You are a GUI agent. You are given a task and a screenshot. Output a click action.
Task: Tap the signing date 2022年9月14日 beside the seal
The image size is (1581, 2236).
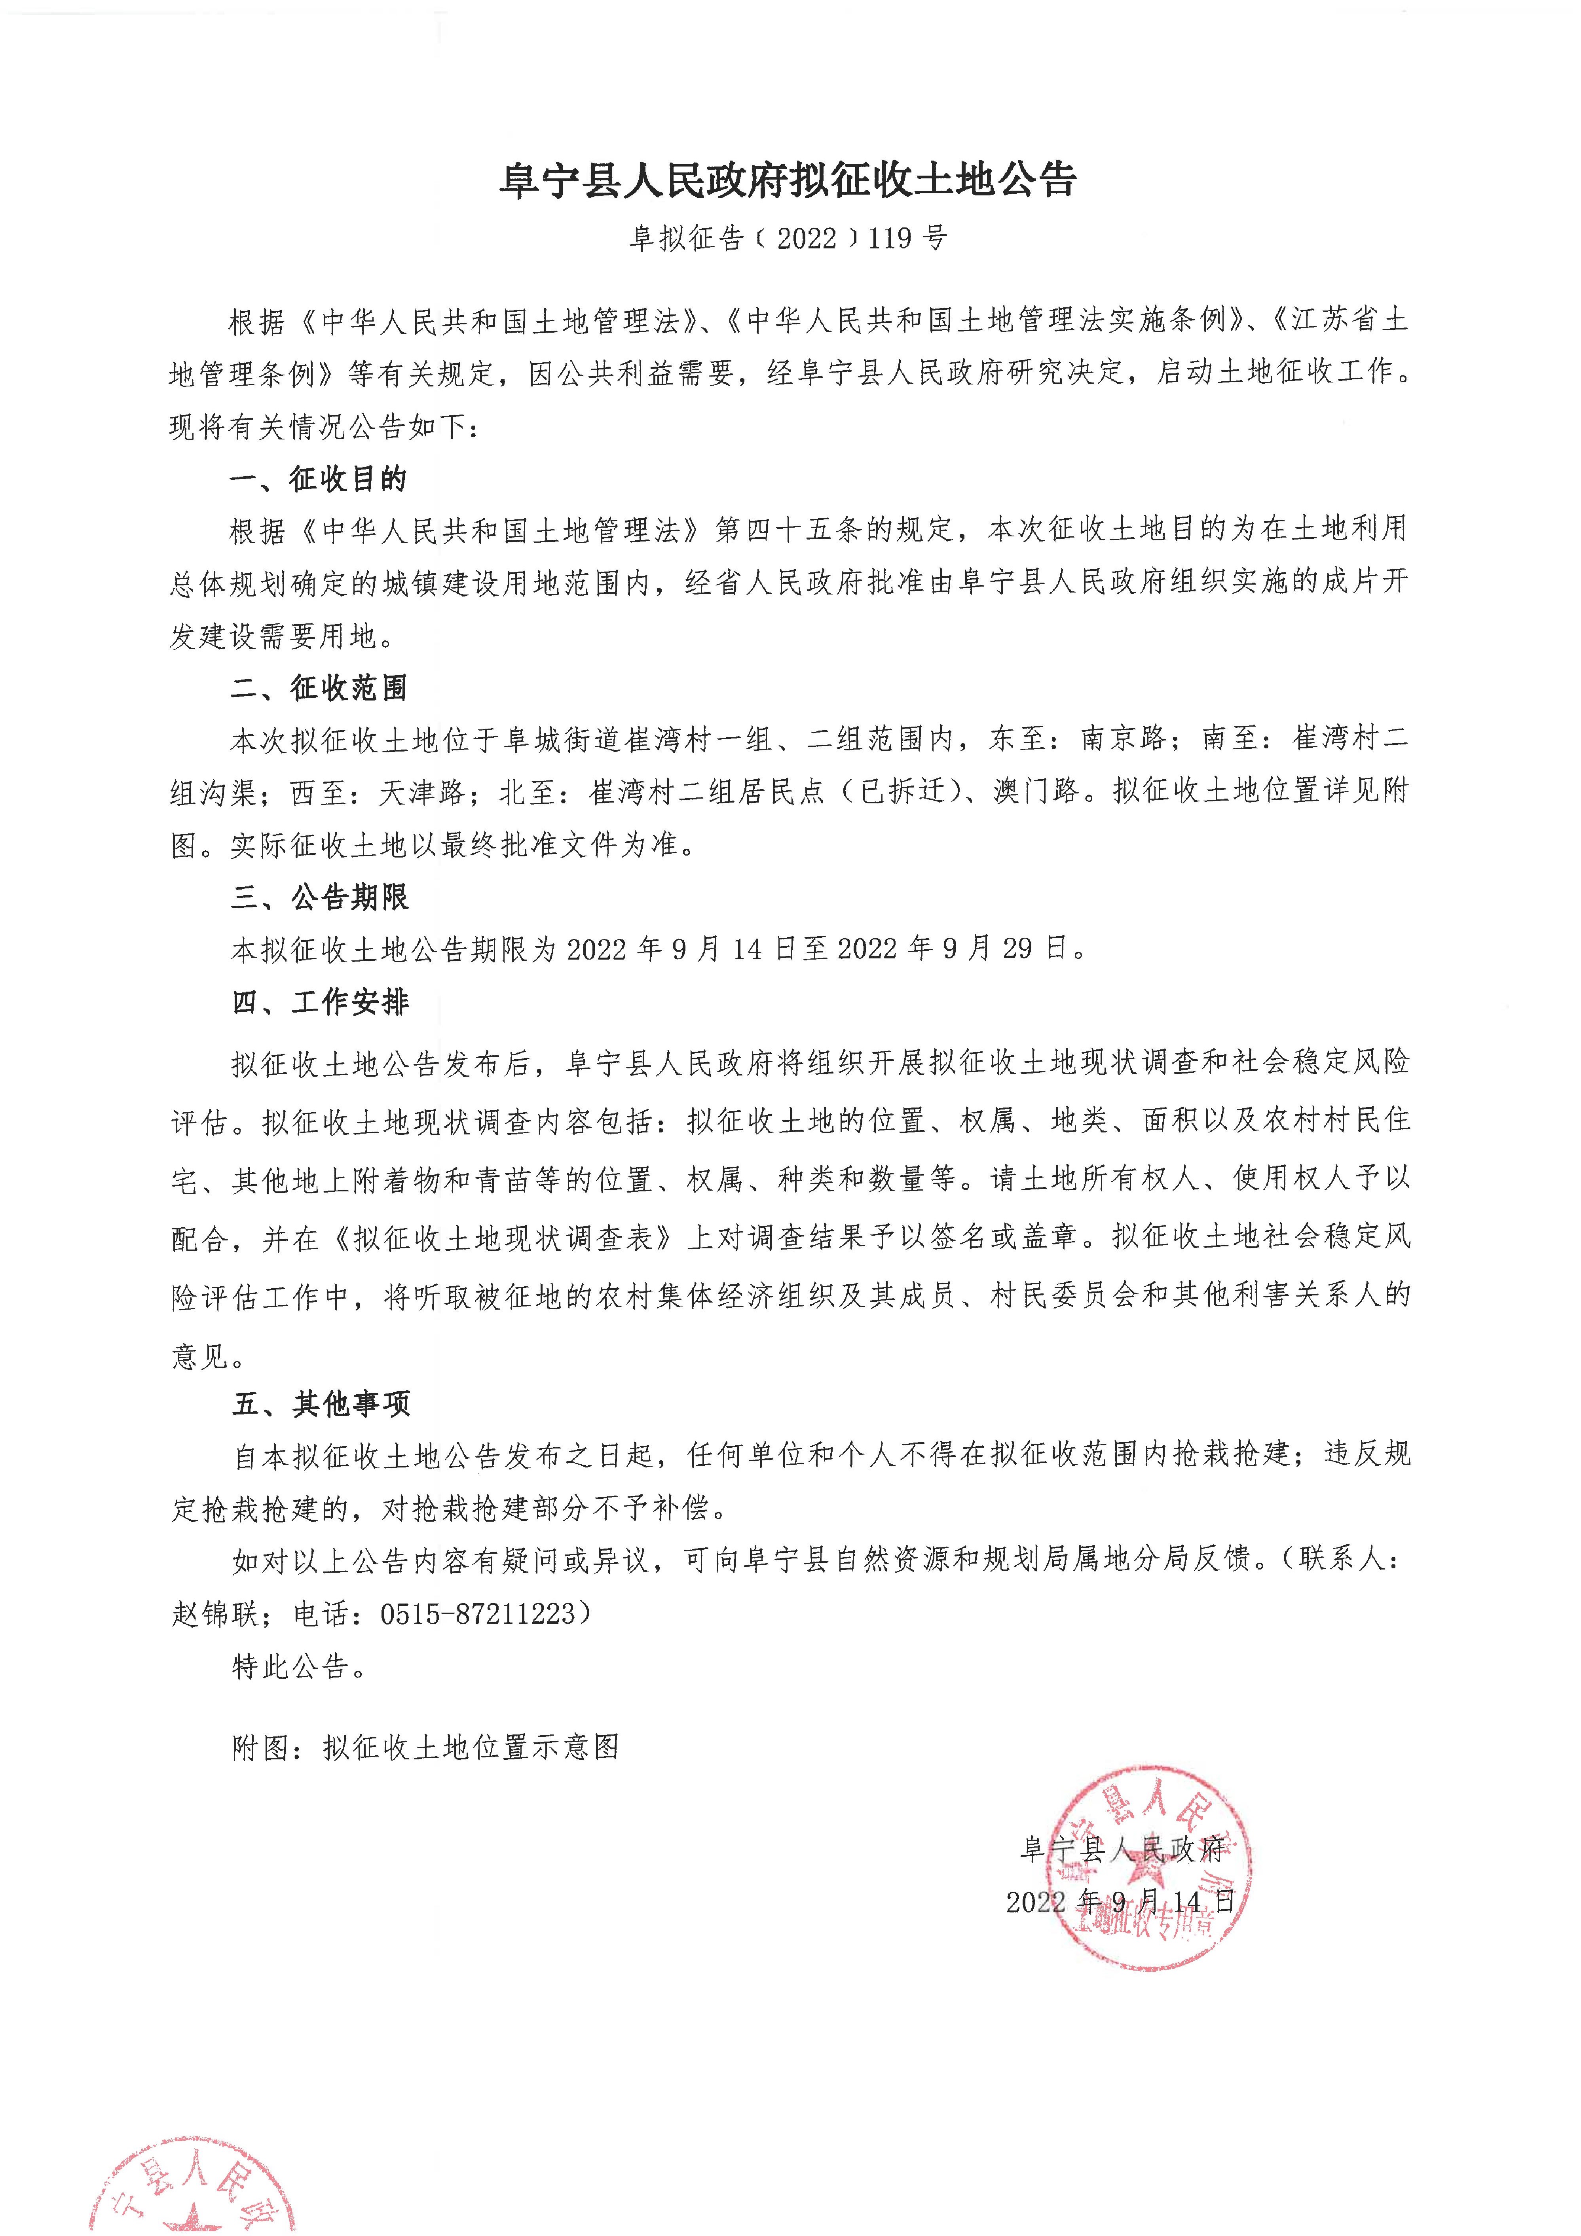point(1120,1901)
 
